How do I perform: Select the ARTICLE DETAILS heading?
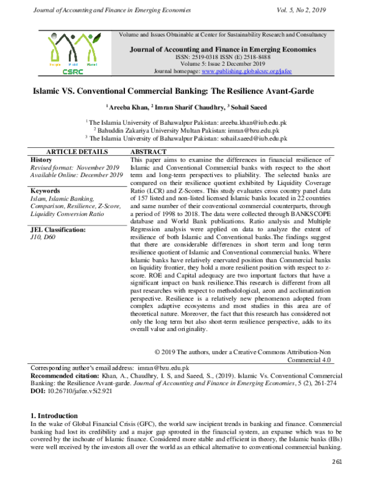tap(76, 152)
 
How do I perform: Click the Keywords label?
tap(45, 191)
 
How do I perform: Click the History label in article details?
tap(41, 160)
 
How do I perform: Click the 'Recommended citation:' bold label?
tap(65, 376)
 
